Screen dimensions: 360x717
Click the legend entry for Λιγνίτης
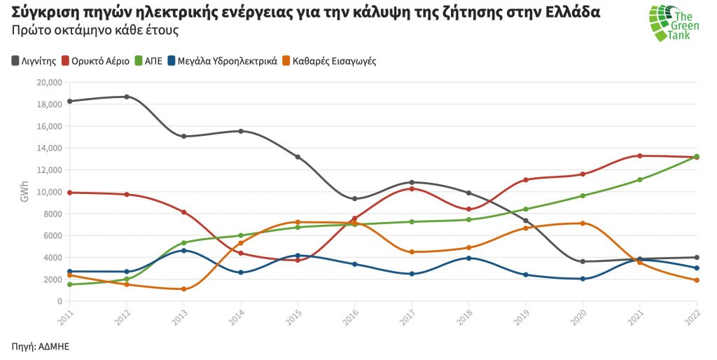[x=33, y=61]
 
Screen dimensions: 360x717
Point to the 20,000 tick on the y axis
[x=48, y=83]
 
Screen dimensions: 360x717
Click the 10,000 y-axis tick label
[x=48, y=192]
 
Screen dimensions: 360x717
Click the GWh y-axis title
[x=25, y=193]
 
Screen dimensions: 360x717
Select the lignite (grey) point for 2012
[x=127, y=97]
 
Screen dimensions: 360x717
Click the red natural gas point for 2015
[x=298, y=260]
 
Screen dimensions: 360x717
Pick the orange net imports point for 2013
[x=183, y=289]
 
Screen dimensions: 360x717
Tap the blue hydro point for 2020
[x=583, y=279]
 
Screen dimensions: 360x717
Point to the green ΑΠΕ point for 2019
[x=526, y=209]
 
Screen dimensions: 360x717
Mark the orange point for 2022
[x=697, y=280]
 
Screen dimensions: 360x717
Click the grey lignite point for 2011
[x=69, y=102]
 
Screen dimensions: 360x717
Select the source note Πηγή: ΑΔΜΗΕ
[x=40, y=346]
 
